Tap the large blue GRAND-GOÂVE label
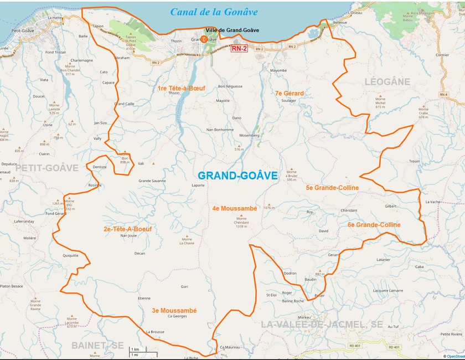238,176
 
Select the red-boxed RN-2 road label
239,49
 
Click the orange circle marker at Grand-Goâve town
204,39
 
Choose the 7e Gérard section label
289,94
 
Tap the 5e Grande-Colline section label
332,188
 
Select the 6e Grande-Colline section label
374,225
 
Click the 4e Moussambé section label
234,208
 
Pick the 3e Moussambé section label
174,311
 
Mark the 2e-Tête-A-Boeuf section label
127,229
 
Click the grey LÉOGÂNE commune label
387,82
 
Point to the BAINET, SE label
97,345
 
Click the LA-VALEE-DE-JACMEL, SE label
322,324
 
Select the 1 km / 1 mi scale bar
143,351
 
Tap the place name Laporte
198,186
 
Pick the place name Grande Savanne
152,181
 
